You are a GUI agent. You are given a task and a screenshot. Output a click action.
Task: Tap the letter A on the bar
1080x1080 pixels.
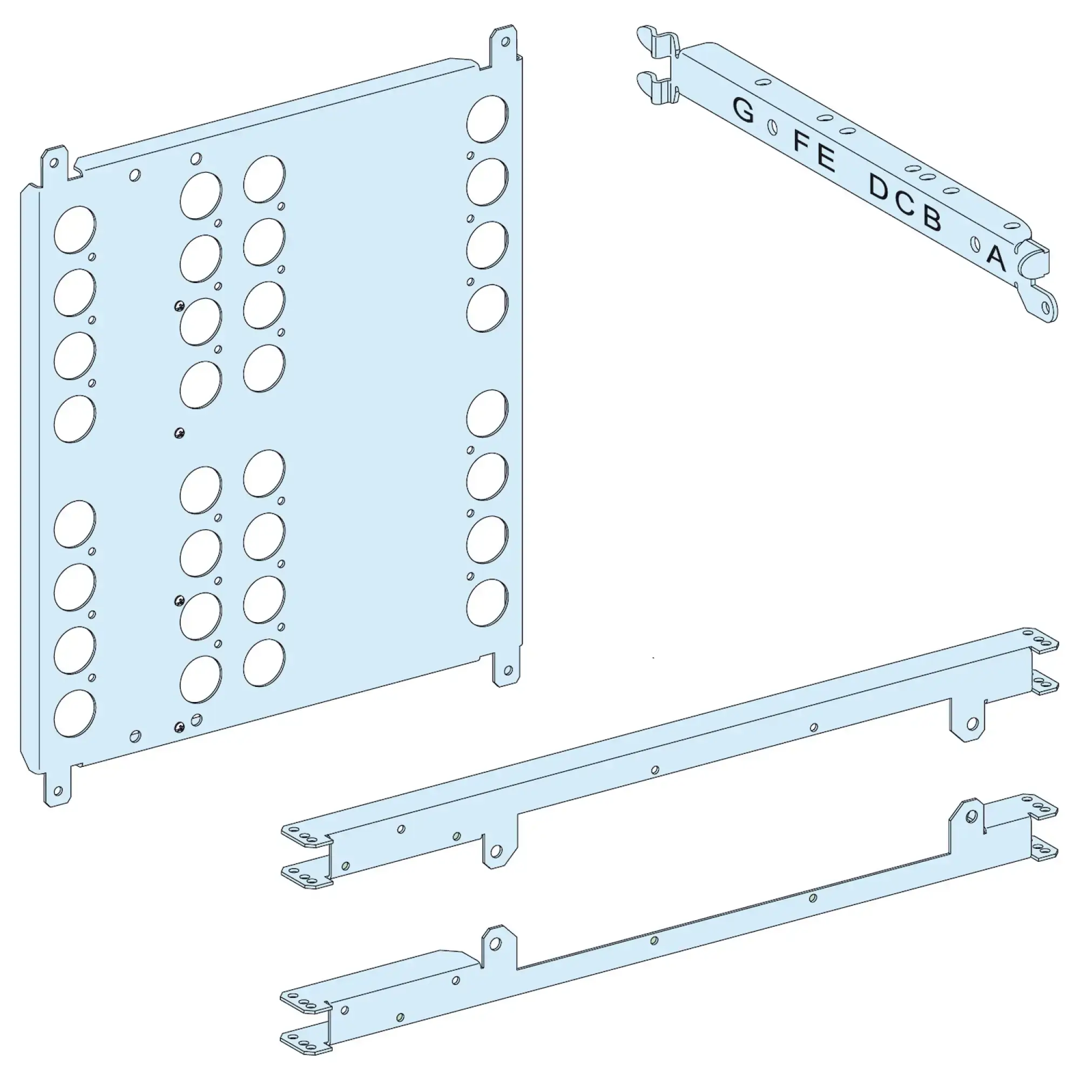click(x=996, y=258)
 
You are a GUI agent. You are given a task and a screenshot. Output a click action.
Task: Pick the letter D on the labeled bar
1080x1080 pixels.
click(x=879, y=187)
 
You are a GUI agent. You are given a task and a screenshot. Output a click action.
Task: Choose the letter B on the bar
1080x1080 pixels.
click(x=932, y=218)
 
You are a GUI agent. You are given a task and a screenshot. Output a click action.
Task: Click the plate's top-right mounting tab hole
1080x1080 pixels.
click(x=505, y=42)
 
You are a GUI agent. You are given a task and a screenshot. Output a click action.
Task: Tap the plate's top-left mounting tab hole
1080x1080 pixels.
click(x=54, y=163)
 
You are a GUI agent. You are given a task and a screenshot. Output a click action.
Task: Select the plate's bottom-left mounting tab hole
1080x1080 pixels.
click(x=58, y=791)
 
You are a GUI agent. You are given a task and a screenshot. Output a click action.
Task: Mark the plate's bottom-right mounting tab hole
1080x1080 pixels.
click(x=508, y=670)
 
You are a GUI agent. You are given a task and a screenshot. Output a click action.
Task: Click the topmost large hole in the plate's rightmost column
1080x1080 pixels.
click(x=488, y=118)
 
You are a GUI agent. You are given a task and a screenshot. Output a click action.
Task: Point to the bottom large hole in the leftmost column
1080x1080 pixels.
click(x=75, y=713)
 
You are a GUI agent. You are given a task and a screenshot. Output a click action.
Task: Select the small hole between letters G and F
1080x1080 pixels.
click(x=773, y=127)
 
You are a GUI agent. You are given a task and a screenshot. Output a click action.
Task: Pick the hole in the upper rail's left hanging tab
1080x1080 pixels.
click(x=495, y=852)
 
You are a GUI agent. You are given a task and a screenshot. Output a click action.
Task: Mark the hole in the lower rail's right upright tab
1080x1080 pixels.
click(x=971, y=816)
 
